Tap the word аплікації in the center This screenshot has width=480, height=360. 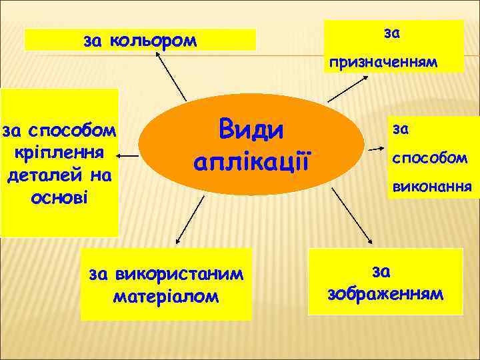tap(252, 161)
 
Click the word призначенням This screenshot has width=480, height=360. tap(382, 63)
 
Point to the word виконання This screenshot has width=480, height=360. tap(431, 187)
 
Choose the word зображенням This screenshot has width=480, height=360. tap(385, 293)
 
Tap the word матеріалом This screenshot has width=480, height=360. tap(166, 295)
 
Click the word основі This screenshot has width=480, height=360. tap(59, 198)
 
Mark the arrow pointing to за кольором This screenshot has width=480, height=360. tap(171, 77)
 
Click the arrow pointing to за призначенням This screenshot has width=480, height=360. tap(351, 85)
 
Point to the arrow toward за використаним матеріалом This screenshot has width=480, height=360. tap(188, 221)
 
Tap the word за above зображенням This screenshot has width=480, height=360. tap(381, 271)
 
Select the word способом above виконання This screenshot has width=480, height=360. tap(429, 158)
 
